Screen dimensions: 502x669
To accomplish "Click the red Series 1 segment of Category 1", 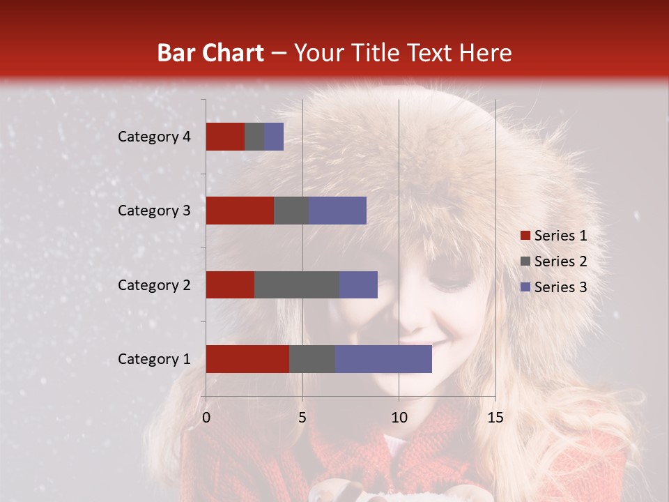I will click(x=247, y=359).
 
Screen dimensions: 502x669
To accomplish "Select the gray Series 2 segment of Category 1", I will click(x=312, y=359).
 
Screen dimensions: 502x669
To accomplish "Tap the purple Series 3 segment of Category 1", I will click(x=383, y=359).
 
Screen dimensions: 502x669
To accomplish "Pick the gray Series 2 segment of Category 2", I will click(x=297, y=284).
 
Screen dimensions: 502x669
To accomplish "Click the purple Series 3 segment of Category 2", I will click(x=358, y=284).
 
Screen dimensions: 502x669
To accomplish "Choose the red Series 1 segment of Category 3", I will click(x=240, y=211).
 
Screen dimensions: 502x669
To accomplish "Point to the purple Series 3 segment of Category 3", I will click(x=337, y=211).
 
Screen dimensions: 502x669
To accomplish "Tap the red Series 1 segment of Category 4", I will click(x=225, y=137).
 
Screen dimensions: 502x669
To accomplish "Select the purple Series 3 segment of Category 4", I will click(x=274, y=137).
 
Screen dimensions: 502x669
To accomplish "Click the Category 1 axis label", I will click(x=154, y=359).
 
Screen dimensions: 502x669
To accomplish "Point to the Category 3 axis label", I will click(x=154, y=211).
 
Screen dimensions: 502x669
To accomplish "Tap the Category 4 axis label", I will click(x=154, y=137).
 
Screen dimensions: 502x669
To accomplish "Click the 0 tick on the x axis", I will click(x=206, y=418).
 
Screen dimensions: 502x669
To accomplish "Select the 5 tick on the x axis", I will click(x=302, y=418).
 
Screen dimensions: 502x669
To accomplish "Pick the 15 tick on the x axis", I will click(x=495, y=418).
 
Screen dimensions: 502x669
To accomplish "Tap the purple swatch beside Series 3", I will click(x=525, y=287).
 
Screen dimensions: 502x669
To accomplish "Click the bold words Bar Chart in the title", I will click(x=210, y=53).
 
